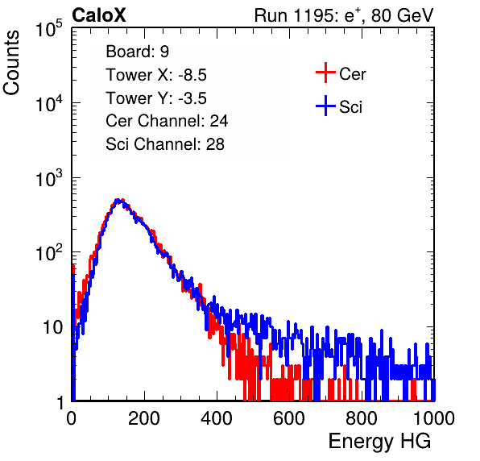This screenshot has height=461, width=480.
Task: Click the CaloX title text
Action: [99, 15]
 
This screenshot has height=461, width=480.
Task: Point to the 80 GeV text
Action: [402, 15]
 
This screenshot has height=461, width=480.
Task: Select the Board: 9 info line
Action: [137, 52]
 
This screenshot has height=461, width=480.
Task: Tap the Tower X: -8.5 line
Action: [156, 75]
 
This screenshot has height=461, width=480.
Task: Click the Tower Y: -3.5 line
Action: [156, 98]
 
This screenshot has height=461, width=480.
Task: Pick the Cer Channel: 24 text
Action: [167, 121]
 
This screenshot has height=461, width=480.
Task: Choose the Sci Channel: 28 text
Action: [165, 144]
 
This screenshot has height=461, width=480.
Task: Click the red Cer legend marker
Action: [325, 73]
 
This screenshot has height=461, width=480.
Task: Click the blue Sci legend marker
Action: [325, 106]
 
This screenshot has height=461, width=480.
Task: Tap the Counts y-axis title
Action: [11, 63]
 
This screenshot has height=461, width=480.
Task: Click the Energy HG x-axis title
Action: [379, 442]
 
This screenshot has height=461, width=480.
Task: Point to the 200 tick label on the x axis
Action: [144, 418]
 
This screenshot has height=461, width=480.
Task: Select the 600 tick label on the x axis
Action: [289, 418]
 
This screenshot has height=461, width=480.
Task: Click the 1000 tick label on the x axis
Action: [434, 418]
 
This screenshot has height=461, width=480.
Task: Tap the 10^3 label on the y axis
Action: [49, 178]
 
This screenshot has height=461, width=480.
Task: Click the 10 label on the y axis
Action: [53, 328]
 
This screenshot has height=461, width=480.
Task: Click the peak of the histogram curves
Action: [118, 201]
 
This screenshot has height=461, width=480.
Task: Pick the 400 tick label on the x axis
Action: [217, 418]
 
